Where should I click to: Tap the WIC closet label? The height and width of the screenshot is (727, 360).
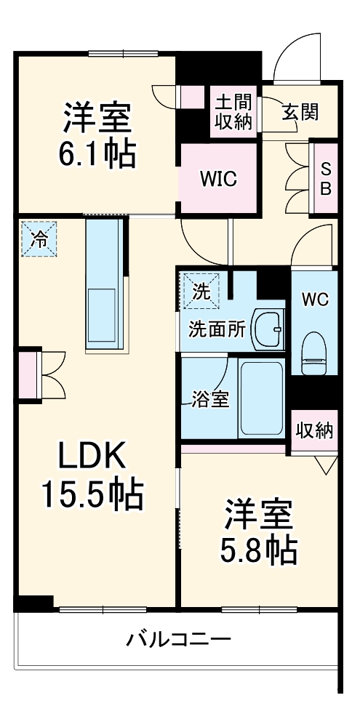218,178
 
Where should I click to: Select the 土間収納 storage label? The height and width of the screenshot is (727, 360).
233,111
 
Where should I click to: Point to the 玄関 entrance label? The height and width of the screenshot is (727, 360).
300,112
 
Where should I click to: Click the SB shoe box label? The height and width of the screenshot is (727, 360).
327,178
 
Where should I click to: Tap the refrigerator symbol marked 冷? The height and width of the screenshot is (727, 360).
39,238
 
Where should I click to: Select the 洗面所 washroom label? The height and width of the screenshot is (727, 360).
217,329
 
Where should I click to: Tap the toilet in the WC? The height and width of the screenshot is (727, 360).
316,350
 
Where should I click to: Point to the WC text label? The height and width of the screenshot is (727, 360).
315,299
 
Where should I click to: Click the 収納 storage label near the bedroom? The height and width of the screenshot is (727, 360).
314,430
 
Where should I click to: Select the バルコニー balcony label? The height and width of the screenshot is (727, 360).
179,640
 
